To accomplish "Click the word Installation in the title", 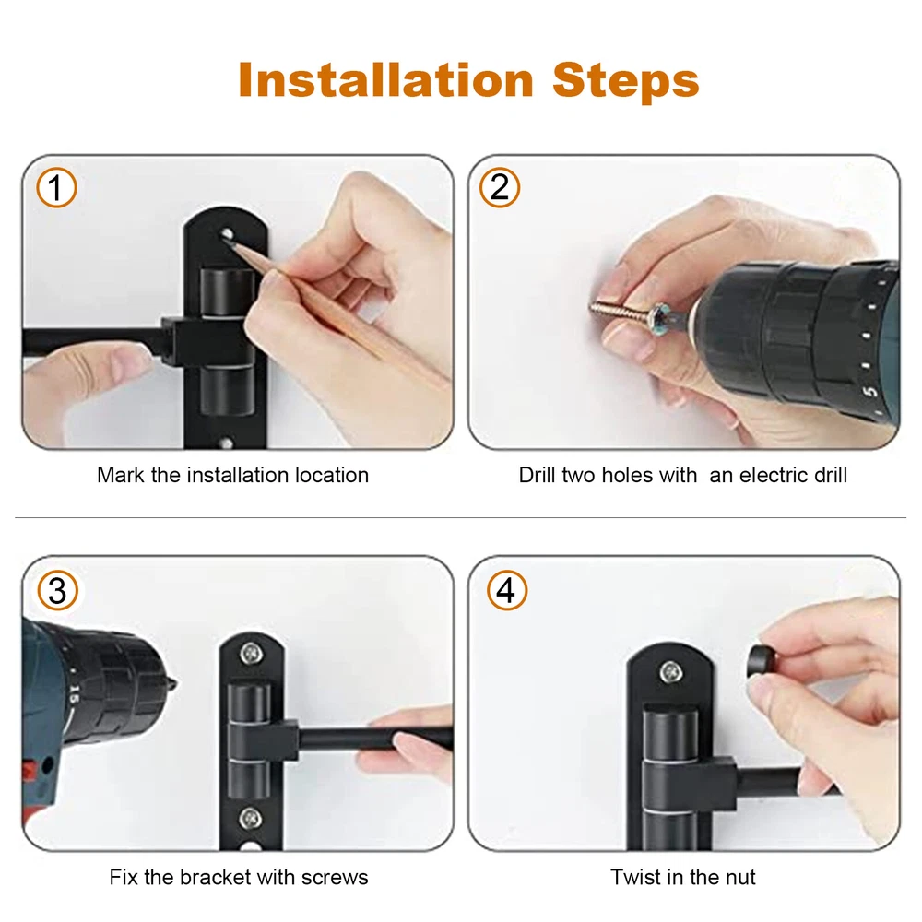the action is pos(385,80).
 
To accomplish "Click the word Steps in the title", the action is pos(626,81).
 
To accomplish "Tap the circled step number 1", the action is pos(56,187).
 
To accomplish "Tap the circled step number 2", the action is pos(499,187).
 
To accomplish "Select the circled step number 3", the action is pos(57,590).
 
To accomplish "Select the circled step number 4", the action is pos(506,590).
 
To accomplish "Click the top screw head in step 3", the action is pos(251,652).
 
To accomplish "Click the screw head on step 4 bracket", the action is pos(670,672).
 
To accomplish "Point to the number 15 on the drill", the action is pos(74,694).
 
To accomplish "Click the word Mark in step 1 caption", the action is pos(121,475).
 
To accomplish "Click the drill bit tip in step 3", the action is pos(174,683).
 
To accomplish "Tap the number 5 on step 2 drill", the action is pos(871,391).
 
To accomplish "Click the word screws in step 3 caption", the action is pos(335,878).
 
